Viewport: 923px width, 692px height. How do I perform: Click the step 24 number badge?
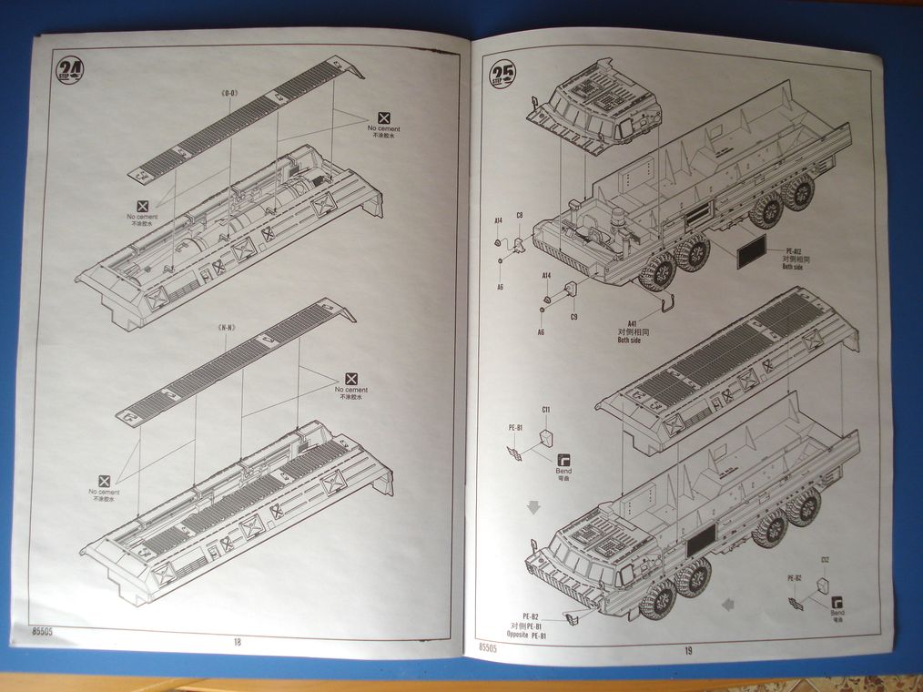(x=68, y=70)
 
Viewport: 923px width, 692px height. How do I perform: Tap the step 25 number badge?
(x=502, y=74)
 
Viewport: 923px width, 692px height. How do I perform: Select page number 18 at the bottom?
(x=237, y=641)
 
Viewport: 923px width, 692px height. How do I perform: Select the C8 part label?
(x=520, y=216)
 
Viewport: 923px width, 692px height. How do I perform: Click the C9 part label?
(x=573, y=317)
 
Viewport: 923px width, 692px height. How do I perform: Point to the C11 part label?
(x=545, y=410)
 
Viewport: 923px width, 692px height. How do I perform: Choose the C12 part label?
(x=825, y=559)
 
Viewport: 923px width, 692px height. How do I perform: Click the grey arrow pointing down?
(x=533, y=505)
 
